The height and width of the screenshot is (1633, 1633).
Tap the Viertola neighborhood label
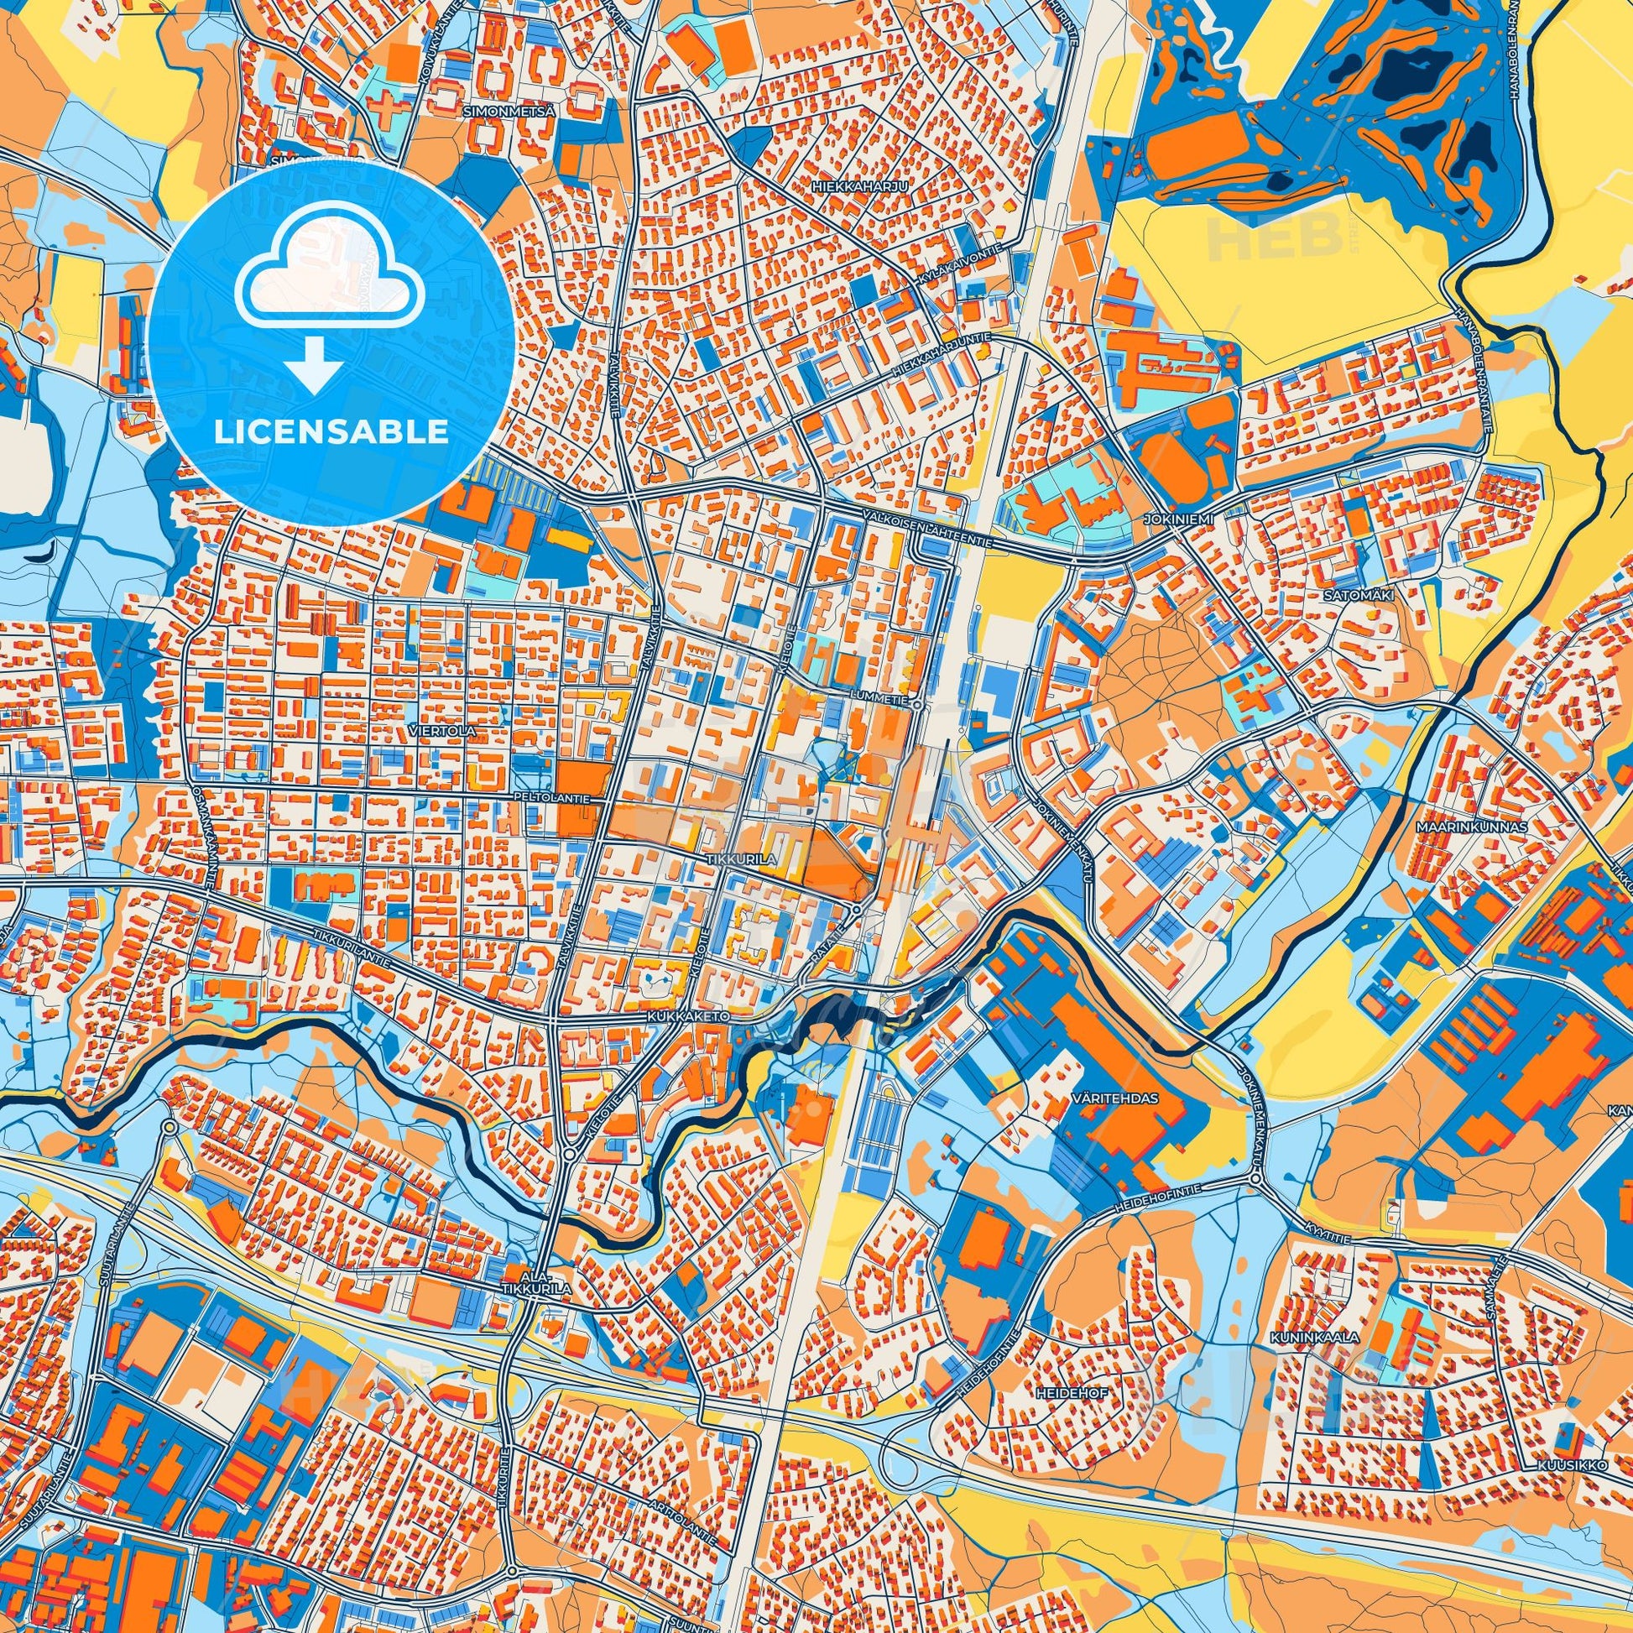(452, 729)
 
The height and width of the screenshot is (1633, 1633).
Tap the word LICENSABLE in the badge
(331, 432)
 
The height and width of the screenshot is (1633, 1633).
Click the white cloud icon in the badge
(331, 278)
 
